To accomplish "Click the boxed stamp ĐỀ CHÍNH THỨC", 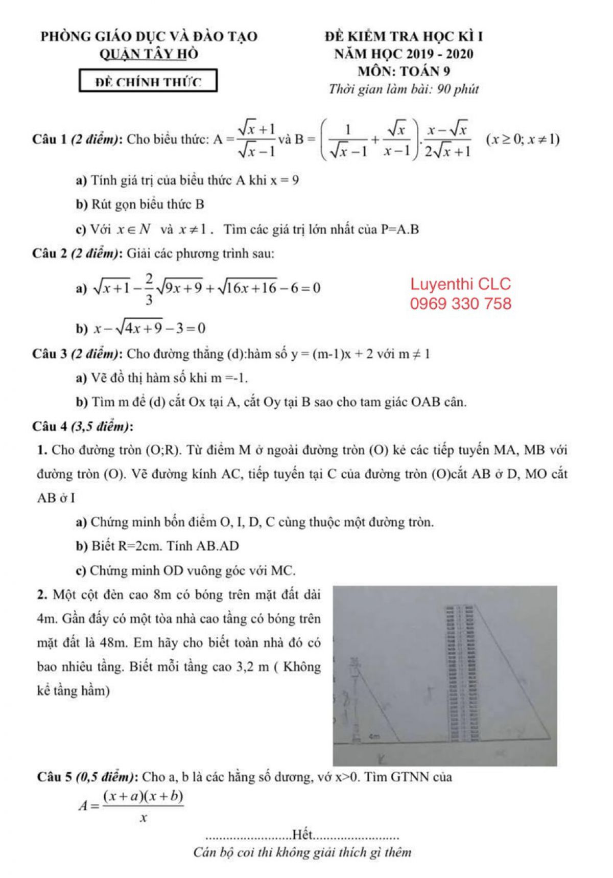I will pos(148,81).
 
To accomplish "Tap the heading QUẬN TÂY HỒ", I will pos(149,54).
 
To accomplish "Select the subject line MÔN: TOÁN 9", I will pos(404,71).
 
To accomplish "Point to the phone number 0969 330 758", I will pos(460,304).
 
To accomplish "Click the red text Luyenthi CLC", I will pos(460,284).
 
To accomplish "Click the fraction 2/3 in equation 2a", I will pos(149,289).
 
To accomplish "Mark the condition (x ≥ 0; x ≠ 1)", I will pos(523,139).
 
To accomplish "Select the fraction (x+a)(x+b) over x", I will pos(143,806).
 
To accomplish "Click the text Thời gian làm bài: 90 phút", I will pos(404,89).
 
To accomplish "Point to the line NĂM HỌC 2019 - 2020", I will pos(404,54).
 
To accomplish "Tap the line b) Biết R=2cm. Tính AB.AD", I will pos(158,546).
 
